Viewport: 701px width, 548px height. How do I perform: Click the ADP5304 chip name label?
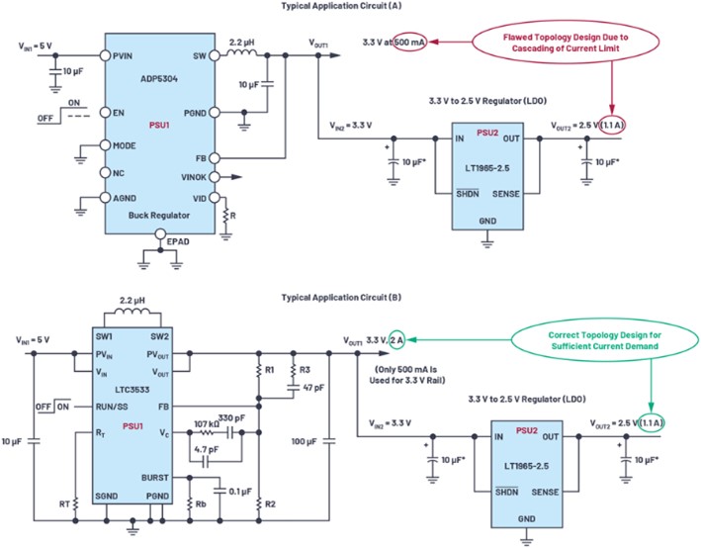coord(159,79)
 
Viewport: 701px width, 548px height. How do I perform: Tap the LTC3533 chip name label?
coord(132,390)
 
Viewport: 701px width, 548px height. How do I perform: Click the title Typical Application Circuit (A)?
coord(341,6)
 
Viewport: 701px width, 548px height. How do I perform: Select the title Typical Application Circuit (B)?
coord(341,298)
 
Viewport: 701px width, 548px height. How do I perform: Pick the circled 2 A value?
coord(396,340)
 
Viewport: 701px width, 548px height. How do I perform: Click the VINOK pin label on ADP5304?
coord(194,178)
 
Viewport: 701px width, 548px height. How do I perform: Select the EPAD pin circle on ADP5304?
coord(160,234)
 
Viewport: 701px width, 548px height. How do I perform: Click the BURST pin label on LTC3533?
coord(155,478)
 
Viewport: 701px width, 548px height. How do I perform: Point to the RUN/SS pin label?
coord(112,407)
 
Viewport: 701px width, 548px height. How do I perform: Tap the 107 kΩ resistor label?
coord(206,423)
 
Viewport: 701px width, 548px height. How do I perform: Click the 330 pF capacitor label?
coord(231,418)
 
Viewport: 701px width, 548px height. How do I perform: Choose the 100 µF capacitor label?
coord(304,441)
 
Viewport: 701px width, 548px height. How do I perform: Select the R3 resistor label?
coord(305,370)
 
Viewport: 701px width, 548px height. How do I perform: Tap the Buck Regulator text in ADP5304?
coord(159,216)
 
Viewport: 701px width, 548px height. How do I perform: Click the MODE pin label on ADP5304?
coord(125,145)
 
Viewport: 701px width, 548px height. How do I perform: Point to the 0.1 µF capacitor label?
coord(240,492)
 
